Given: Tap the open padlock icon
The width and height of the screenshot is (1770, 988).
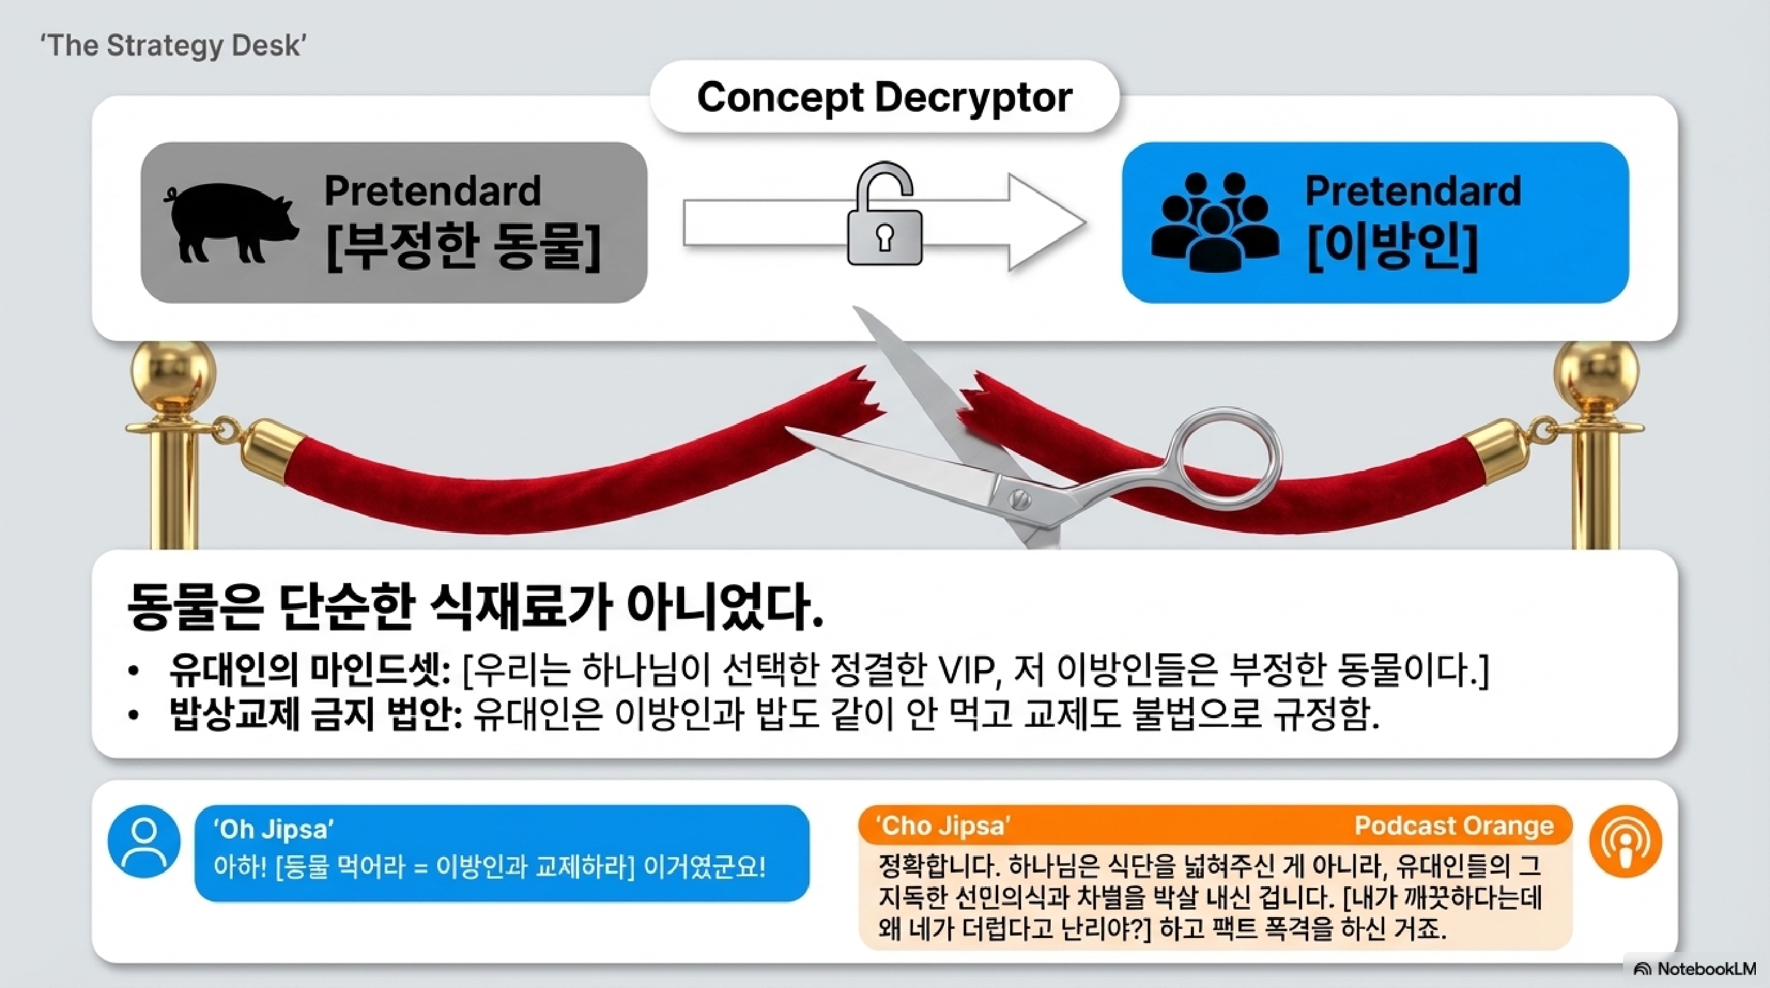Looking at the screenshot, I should click(883, 216).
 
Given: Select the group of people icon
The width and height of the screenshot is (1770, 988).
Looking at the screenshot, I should click(1215, 221).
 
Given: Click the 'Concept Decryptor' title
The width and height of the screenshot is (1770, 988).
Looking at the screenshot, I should click(884, 97).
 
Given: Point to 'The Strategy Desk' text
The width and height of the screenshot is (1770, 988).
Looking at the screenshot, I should click(172, 45).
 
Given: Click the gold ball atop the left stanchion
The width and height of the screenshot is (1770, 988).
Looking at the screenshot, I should click(172, 374).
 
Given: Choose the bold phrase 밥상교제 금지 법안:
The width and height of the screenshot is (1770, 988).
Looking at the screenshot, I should click(315, 715).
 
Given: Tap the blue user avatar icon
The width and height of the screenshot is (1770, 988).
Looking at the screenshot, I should click(144, 842).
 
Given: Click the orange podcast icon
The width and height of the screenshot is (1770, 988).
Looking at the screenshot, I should click(1625, 842).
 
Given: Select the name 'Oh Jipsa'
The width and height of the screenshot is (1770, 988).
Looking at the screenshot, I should click(273, 829).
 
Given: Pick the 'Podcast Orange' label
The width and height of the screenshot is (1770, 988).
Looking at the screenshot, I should click(1453, 825).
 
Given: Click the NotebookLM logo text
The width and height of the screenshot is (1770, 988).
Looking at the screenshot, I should click(1705, 969).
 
